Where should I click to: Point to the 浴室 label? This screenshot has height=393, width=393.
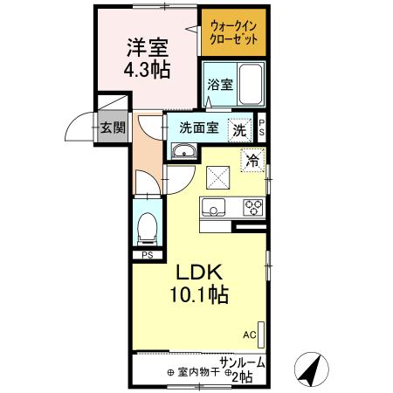coord(219,85)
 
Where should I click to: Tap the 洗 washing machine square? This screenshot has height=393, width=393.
coord(238,129)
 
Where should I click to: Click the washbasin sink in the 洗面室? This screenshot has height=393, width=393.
coord(184,154)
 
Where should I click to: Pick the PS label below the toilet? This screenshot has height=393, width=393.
coord(147,256)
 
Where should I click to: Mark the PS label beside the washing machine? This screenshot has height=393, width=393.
coord(261,127)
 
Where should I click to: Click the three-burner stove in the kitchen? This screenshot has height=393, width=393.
coord(253,208)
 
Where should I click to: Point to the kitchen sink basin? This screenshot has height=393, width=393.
coord(213,208)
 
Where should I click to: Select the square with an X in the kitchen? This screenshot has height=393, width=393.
coord(217,177)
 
